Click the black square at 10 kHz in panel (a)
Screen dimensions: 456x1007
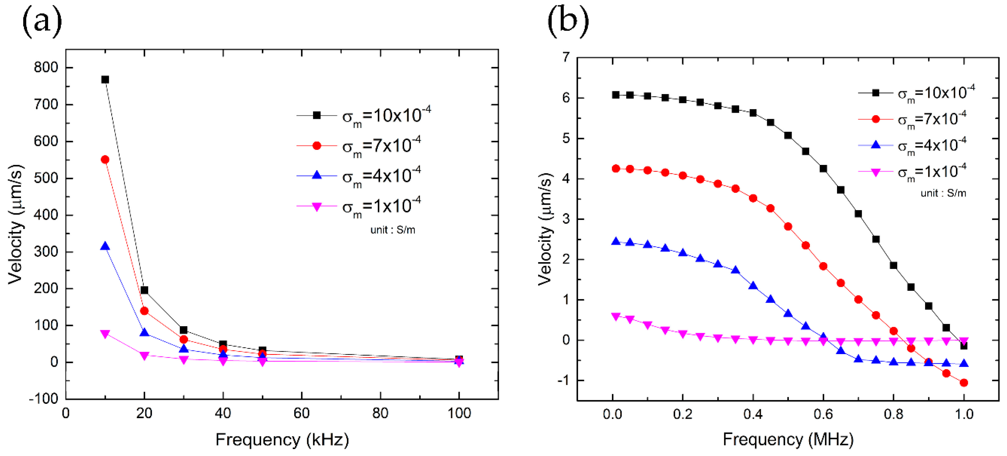(105, 79)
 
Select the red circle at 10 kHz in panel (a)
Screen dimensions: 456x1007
(105, 160)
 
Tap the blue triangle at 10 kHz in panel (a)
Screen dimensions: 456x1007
(105, 246)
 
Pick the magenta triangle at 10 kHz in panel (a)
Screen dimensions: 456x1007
(105, 334)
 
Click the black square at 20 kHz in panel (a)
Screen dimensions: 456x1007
(144, 290)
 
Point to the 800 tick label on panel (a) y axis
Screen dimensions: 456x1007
(46, 67)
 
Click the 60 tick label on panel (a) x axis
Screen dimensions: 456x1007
(301, 413)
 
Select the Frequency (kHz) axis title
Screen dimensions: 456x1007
(282, 440)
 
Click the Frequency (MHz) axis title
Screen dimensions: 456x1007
(788, 440)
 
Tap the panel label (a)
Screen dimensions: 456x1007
(42, 22)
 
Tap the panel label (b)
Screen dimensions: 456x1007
(568, 22)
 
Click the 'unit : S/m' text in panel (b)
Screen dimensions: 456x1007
(943, 193)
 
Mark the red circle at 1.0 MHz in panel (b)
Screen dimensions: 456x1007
(964, 383)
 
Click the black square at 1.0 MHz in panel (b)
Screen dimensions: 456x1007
(964, 346)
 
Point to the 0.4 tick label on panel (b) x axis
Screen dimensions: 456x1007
(753, 414)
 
